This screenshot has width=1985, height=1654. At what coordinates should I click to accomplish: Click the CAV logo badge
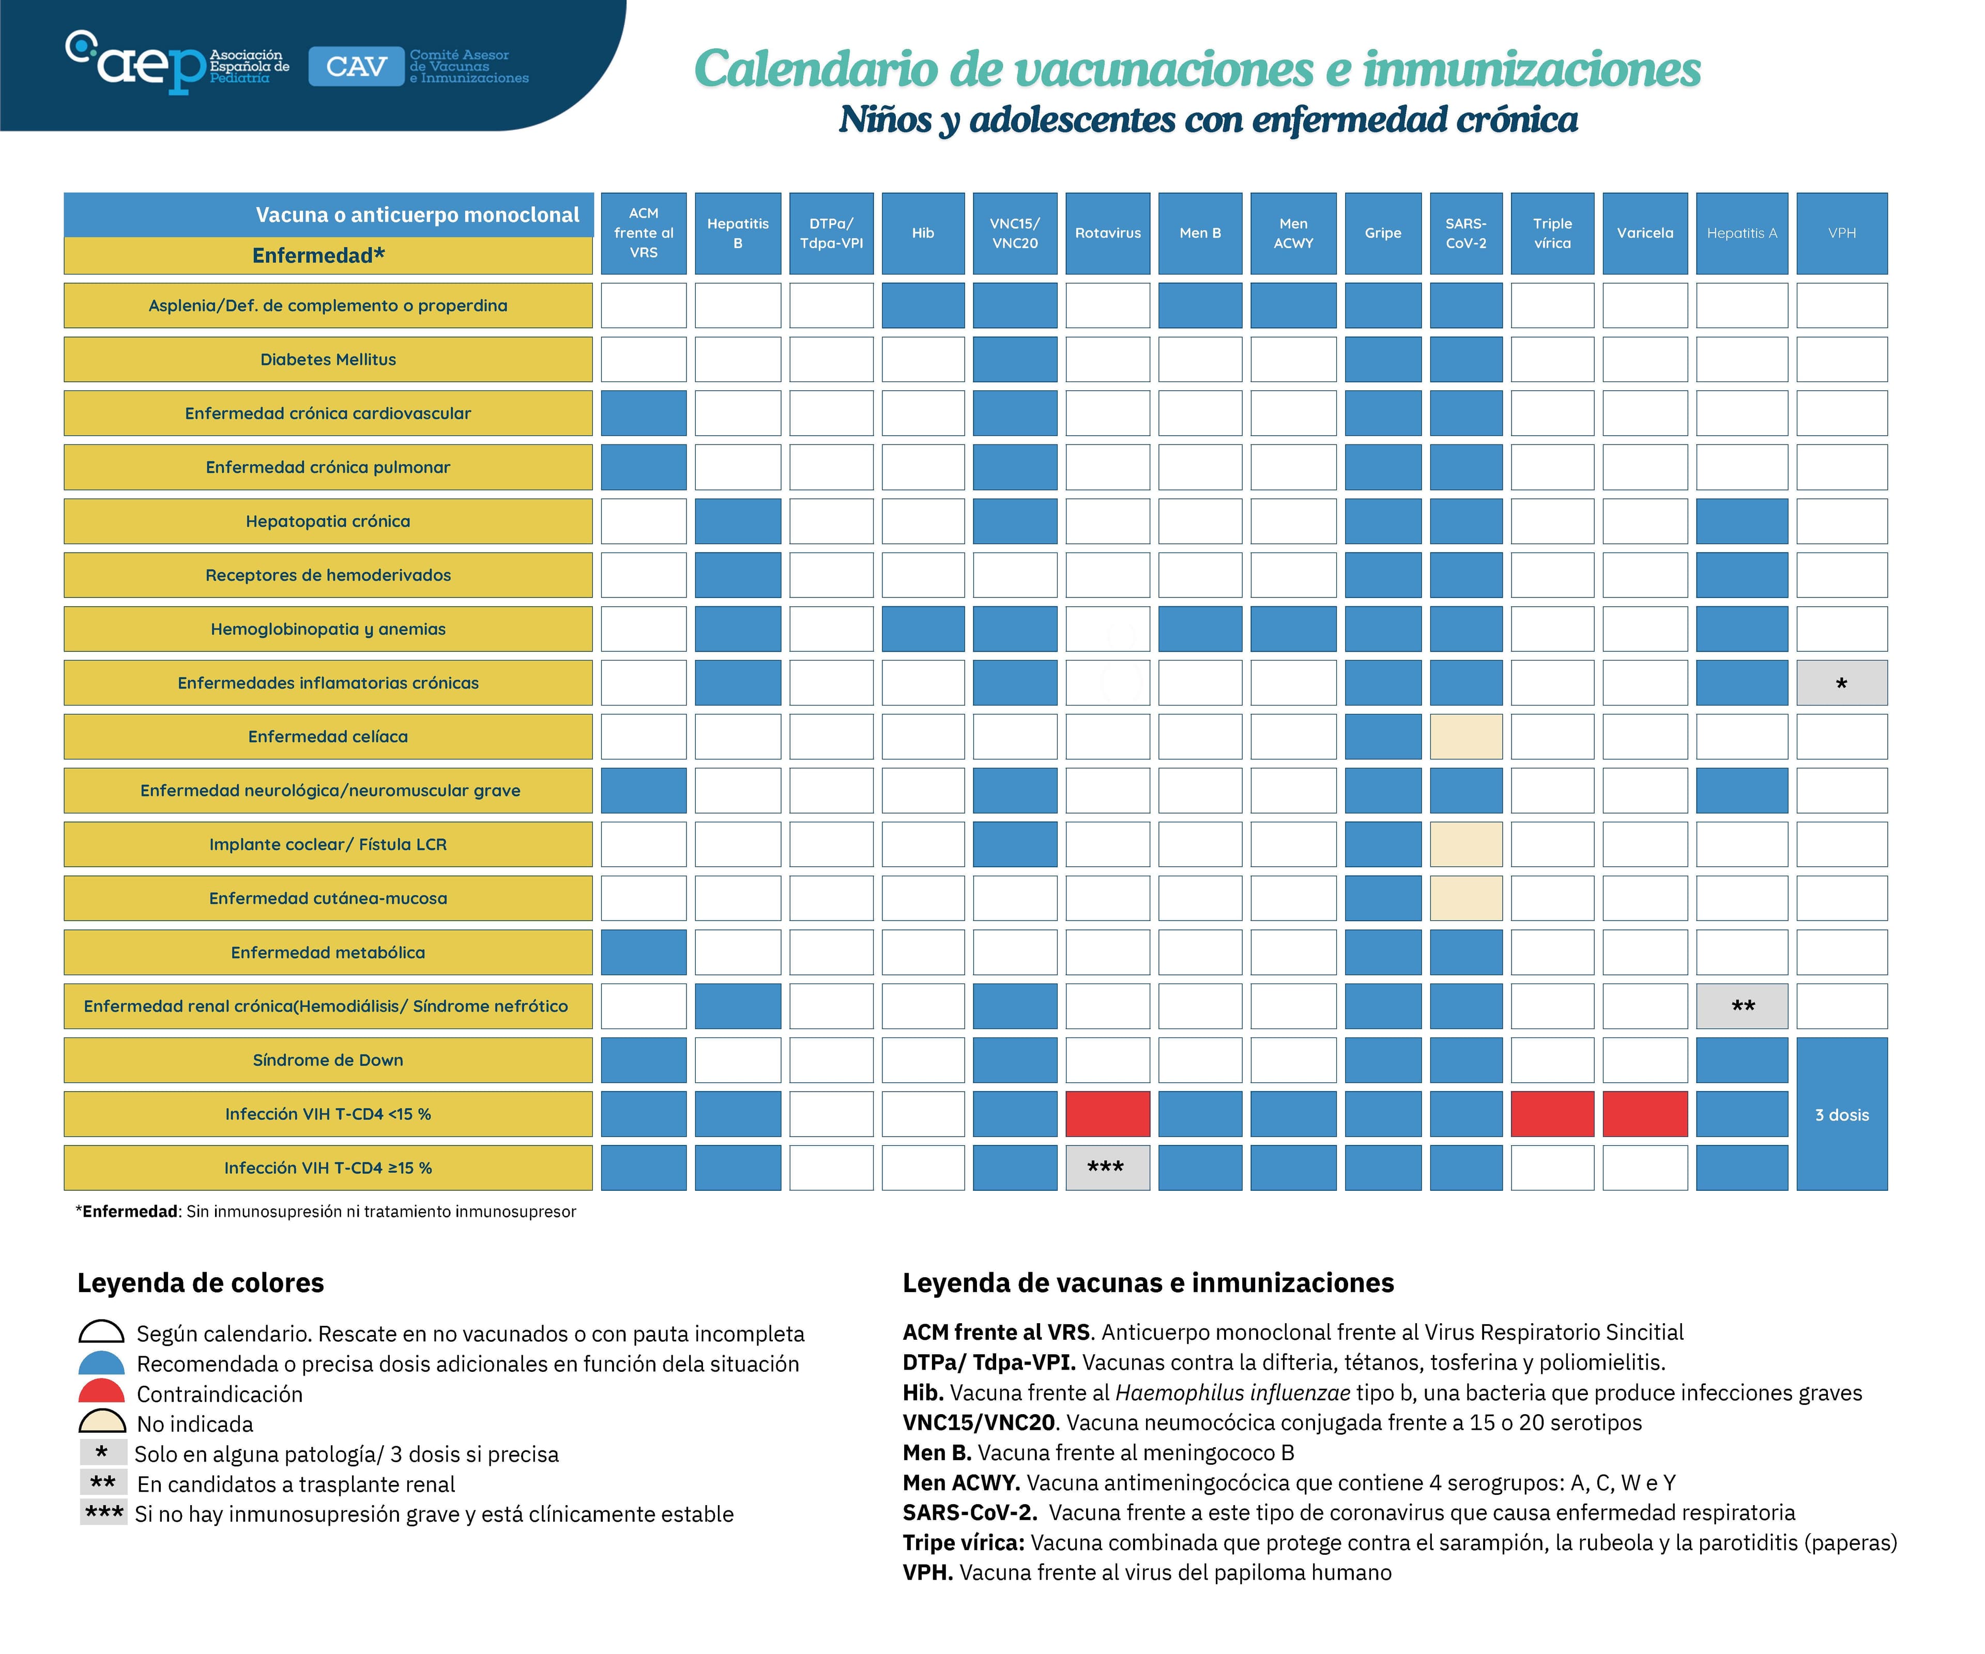tap(356, 66)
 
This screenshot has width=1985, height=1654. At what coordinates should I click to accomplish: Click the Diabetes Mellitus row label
tap(328, 359)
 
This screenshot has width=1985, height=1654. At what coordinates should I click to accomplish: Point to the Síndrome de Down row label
tap(328, 1060)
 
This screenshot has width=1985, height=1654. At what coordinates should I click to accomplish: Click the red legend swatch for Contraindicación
tap(101, 1391)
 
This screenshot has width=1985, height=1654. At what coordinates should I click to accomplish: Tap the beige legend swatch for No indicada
tap(101, 1421)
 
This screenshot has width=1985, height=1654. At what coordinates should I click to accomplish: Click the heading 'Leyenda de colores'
tap(201, 1282)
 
